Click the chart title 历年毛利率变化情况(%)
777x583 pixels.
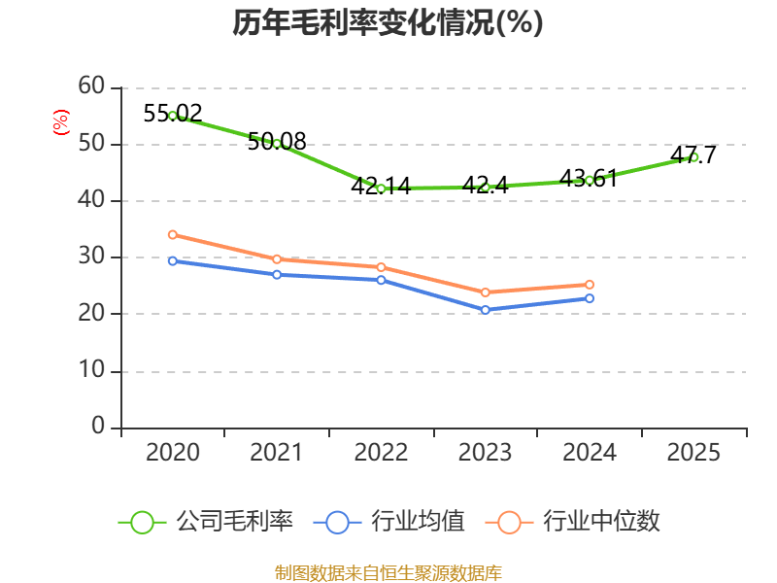point(388,22)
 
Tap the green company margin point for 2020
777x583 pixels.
point(173,116)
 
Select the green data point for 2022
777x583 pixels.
point(381,189)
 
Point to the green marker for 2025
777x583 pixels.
point(693,156)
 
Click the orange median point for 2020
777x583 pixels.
point(173,234)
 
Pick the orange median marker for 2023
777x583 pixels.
point(486,291)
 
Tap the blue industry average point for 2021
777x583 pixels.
point(277,274)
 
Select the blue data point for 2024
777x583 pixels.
point(590,297)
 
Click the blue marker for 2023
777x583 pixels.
point(486,310)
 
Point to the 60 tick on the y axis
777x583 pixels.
point(91,86)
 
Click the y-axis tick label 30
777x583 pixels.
point(91,257)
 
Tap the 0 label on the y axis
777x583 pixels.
point(98,427)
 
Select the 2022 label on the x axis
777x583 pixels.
point(381,453)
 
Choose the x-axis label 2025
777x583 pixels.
point(693,453)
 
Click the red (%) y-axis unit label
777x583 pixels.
point(61,123)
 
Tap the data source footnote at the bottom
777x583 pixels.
point(388,572)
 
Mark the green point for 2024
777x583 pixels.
point(590,180)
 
